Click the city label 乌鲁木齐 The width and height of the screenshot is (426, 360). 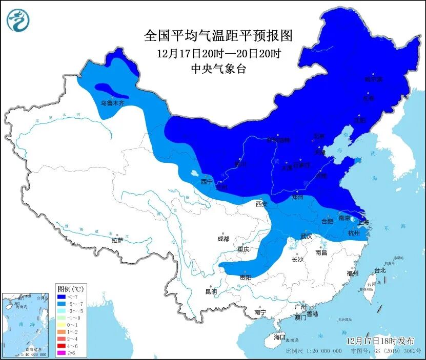[x=112, y=103]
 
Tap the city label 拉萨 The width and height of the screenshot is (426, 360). [x=117, y=240]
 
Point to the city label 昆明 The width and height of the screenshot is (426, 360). [x=211, y=292]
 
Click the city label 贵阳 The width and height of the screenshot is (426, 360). [x=246, y=277]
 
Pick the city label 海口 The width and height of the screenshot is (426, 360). [x=279, y=337]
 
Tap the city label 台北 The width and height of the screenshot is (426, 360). [x=379, y=270]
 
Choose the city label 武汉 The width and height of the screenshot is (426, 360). [x=307, y=237]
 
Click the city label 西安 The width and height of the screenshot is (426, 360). [x=261, y=204]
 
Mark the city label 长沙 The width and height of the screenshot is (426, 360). [x=297, y=260]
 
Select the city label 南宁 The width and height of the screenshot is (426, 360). [x=260, y=312]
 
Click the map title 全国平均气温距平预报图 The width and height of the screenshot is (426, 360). [x=218, y=36]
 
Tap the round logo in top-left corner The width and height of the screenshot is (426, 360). [x=18, y=20]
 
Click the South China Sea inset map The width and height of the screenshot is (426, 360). [x=26, y=325]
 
